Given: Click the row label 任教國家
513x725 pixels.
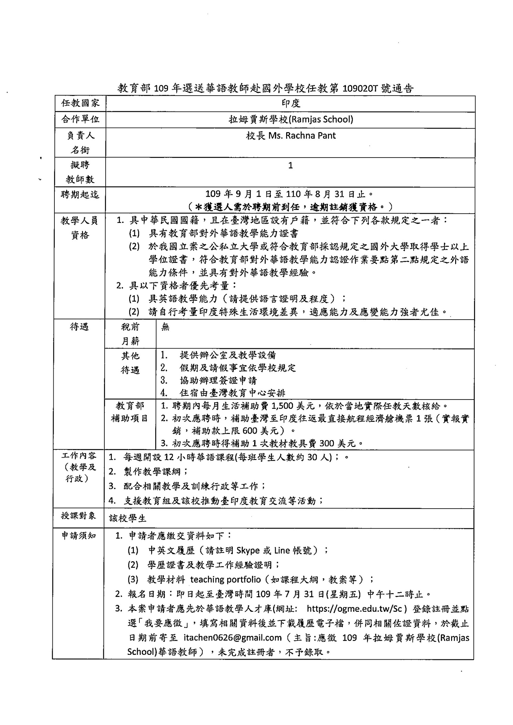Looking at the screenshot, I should point(80,103).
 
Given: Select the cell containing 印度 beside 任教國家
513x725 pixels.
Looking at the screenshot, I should point(290,104).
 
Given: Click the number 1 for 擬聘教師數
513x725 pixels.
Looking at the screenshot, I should point(290,166).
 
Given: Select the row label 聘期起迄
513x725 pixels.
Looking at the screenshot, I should point(80,195).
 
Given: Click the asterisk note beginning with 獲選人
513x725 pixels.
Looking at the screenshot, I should point(290,207).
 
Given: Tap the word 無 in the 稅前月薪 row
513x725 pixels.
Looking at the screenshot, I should point(165,327).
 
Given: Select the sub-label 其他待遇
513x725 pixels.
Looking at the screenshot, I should point(130,363).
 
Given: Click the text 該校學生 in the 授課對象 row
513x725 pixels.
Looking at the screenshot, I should point(128,518).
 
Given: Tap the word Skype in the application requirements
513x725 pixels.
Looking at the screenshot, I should point(248,551).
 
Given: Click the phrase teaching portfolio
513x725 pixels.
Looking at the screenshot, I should point(226,579).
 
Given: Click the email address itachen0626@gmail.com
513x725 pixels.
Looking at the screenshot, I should point(233,638).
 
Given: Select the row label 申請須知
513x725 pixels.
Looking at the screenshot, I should point(78,536).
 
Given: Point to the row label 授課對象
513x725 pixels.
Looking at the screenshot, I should point(78,515).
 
